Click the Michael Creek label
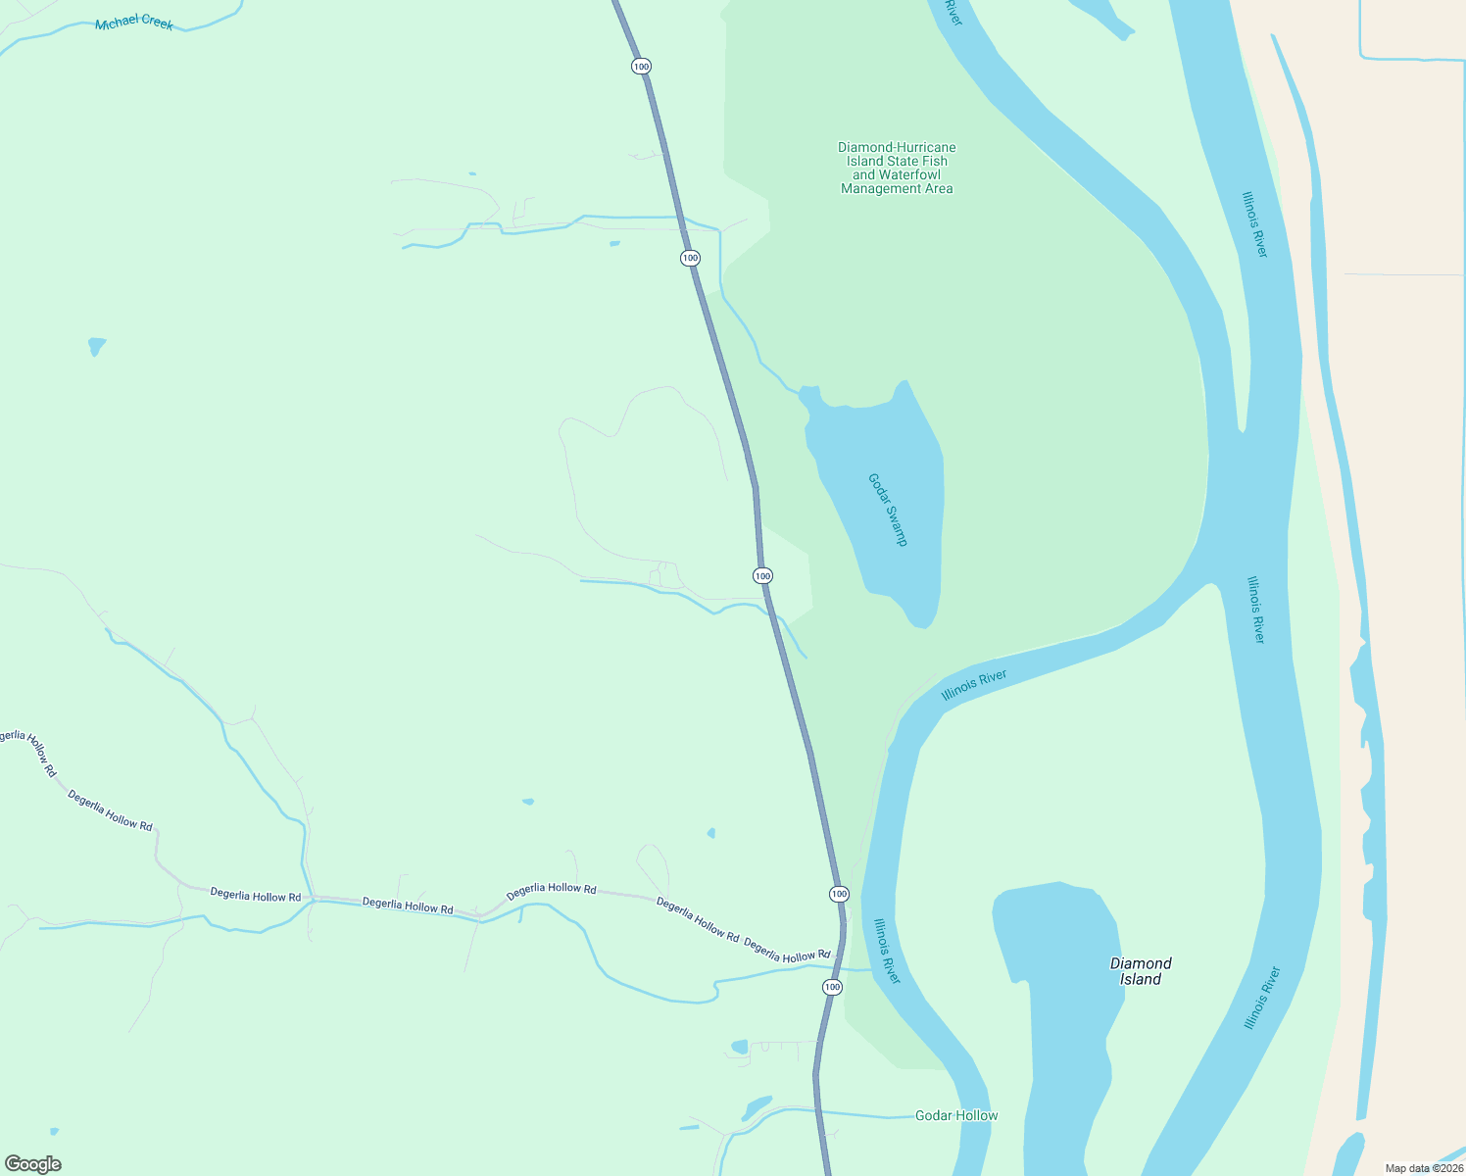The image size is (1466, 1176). coord(134,23)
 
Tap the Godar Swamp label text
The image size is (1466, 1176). coord(888,510)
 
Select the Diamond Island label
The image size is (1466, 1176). coord(1141,971)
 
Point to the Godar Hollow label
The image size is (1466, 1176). coord(956,1115)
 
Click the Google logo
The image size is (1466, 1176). coord(33,1164)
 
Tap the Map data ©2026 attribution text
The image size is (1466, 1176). coord(1424,1168)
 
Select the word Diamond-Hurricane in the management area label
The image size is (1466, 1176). coord(897,148)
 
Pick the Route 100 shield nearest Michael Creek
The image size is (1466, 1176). coord(641,67)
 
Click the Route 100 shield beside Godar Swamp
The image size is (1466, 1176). coord(762,575)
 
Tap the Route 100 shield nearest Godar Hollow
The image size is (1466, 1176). coord(832,987)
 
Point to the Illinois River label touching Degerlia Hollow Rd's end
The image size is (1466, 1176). coord(887,951)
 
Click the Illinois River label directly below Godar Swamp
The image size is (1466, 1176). coord(974,685)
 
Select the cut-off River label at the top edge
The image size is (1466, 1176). coord(953,13)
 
